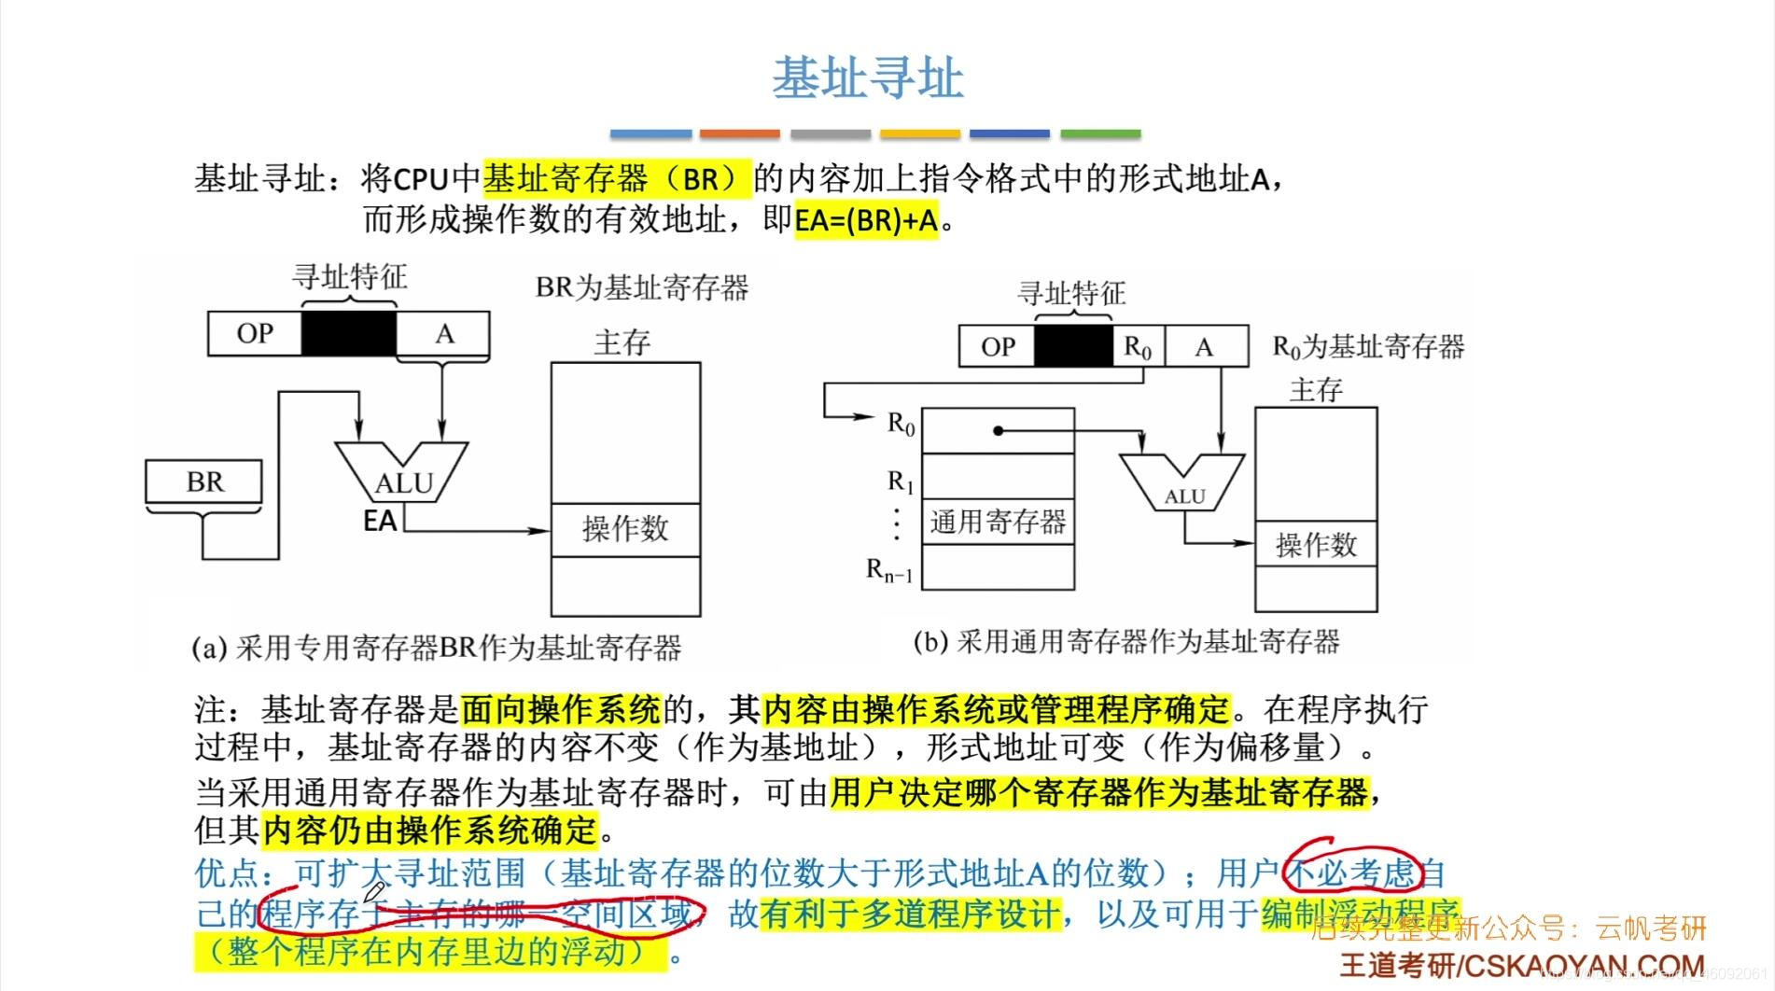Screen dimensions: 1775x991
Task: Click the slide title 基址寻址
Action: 867,78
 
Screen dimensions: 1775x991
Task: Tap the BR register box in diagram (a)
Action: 204,482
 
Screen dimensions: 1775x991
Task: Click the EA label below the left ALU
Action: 380,521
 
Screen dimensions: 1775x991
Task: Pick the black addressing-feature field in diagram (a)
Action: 349,333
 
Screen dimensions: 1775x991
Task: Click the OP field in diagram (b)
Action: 998,347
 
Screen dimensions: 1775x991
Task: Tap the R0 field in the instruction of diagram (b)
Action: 1139,347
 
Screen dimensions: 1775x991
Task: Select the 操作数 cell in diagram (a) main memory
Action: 625,529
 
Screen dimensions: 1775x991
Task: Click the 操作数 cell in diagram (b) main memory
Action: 1316,545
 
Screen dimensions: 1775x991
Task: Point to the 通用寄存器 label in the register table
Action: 998,522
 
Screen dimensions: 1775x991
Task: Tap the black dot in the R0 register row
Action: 998,430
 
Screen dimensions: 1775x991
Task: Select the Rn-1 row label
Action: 889,569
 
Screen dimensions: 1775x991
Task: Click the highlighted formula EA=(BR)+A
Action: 866,221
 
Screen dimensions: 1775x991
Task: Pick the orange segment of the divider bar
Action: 739,134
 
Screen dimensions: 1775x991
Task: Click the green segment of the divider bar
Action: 1100,134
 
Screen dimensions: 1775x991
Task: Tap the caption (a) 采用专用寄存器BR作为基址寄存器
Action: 437,648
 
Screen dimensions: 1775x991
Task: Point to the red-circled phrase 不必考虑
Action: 1351,872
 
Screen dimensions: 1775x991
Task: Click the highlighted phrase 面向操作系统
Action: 561,710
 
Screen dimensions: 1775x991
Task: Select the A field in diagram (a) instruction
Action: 444,333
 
